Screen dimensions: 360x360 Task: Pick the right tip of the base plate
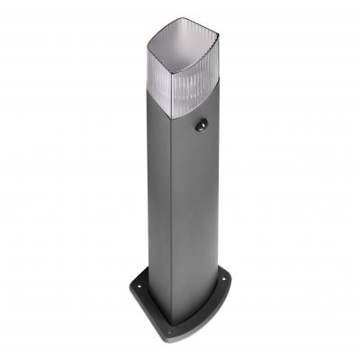(235, 277)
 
